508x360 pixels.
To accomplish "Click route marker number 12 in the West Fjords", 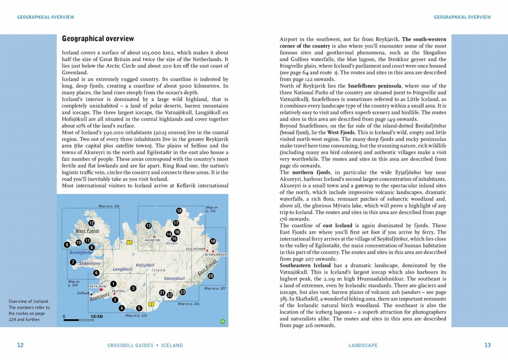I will coord(91,223).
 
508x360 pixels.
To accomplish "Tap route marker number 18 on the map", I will coord(179,211).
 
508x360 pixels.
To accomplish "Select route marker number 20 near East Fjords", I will coord(210,276).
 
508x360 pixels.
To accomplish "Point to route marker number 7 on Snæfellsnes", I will coord(73,262).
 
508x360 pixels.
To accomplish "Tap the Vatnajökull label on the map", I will coord(174,279).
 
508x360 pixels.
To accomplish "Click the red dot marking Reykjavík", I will coord(101,290).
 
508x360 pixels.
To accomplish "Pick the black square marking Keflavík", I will coord(91,295).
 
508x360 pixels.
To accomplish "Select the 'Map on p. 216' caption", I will coord(189,303).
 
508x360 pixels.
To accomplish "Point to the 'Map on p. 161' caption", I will coord(109,206).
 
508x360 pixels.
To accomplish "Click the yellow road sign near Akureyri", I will coord(129,242).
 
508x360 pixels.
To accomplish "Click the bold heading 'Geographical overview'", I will coord(98,39).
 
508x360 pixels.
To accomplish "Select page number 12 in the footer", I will coord(20,345).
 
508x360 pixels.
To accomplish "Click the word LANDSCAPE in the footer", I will coord(363,346).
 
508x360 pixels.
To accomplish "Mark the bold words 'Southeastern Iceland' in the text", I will coord(303,266).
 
